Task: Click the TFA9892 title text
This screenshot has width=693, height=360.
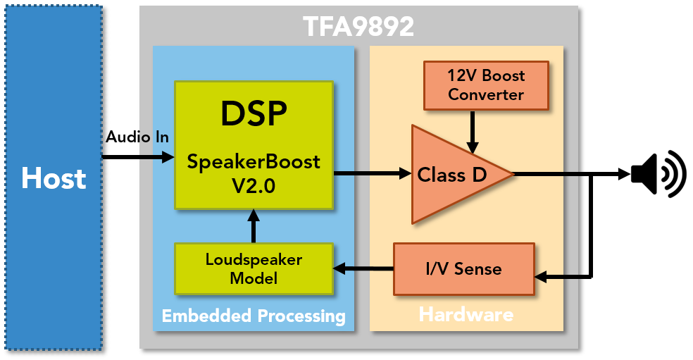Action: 358,27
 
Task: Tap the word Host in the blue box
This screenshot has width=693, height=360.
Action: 54,179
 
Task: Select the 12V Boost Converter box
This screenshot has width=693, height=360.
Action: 486,85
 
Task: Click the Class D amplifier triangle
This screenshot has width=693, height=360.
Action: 451,175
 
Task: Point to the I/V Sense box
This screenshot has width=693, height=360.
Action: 463,268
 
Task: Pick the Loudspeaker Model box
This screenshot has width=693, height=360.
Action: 254,268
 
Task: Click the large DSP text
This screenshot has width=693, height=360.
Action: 254,113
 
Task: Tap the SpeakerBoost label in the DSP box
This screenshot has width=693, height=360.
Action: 254,162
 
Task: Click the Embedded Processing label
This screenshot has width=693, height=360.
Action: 254,316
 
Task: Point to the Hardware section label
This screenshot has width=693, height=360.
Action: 466,314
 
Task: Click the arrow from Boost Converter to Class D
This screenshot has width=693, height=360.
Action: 473,131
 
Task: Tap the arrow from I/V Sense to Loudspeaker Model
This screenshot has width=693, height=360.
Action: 363,268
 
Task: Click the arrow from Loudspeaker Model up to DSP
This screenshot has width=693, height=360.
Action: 254,226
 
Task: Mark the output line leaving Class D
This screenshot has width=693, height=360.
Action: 546,173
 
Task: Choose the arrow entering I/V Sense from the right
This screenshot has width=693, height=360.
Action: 557,277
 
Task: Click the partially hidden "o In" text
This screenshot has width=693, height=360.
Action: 154,137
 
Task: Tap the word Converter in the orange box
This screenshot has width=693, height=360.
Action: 486,95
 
